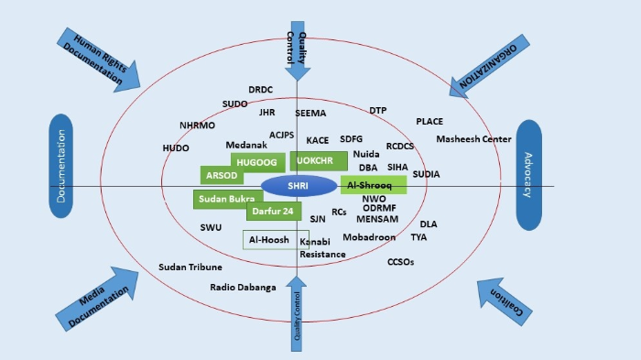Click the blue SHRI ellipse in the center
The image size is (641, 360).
pyautogui.click(x=299, y=186)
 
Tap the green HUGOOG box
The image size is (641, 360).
pyautogui.click(x=256, y=161)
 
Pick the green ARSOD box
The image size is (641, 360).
pyautogui.click(x=222, y=174)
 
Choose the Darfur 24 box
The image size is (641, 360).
pyautogui.click(x=273, y=212)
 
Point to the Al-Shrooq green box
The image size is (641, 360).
pyautogui.click(x=374, y=185)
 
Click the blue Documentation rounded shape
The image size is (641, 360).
pyautogui.click(x=60, y=166)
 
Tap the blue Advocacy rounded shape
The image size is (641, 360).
pyautogui.click(x=530, y=175)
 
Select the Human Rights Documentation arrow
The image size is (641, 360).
pyautogui.click(x=98, y=59)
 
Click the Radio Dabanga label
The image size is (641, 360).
pyautogui.click(x=243, y=288)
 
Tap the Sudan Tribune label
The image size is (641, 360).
pyautogui.click(x=190, y=267)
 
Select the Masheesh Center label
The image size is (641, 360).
pyautogui.click(x=473, y=139)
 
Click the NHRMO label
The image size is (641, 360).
pyautogui.click(x=197, y=125)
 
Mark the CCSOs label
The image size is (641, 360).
pyautogui.click(x=401, y=262)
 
